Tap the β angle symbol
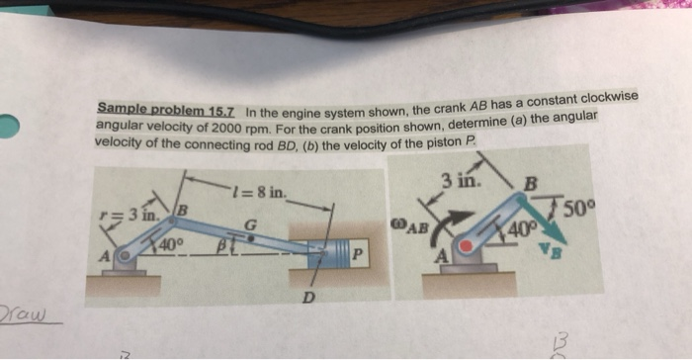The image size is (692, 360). (x=223, y=241)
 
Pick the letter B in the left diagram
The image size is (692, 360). (x=182, y=208)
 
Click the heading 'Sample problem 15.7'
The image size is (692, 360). (x=167, y=109)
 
